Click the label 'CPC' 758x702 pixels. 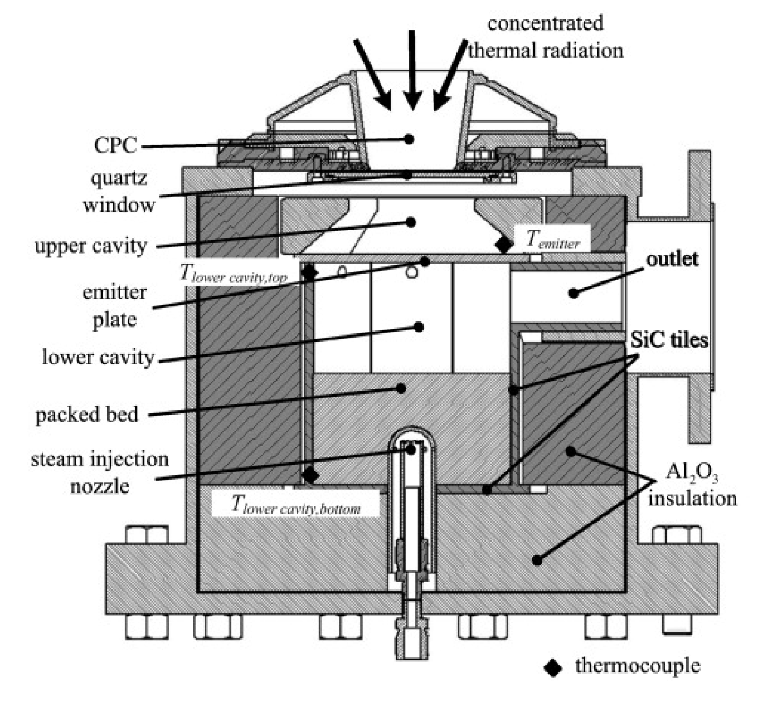[x=115, y=145]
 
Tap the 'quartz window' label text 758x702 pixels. [x=119, y=192]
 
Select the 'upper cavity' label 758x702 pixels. [x=91, y=245]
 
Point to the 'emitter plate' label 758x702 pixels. [x=114, y=305]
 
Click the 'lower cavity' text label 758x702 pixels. [x=98, y=357]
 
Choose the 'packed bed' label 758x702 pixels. [x=87, y=415]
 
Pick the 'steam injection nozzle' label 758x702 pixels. [x=100, y=472]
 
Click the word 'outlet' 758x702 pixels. [x=672, y=259]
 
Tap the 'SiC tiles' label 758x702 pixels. [x=669, y=339]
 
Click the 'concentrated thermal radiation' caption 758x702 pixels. [x=545, y=37]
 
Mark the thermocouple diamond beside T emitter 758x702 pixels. [x=504, y=244]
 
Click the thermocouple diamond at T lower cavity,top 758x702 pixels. [x=309, y=272]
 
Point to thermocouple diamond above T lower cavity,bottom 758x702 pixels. [x=310, y=475]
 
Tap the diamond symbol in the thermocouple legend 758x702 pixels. [x=553, y=667]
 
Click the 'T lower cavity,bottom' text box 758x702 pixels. [x=295, y=505]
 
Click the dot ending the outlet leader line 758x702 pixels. [x=574, y=293]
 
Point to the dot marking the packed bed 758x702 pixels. [x=401, y=388]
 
